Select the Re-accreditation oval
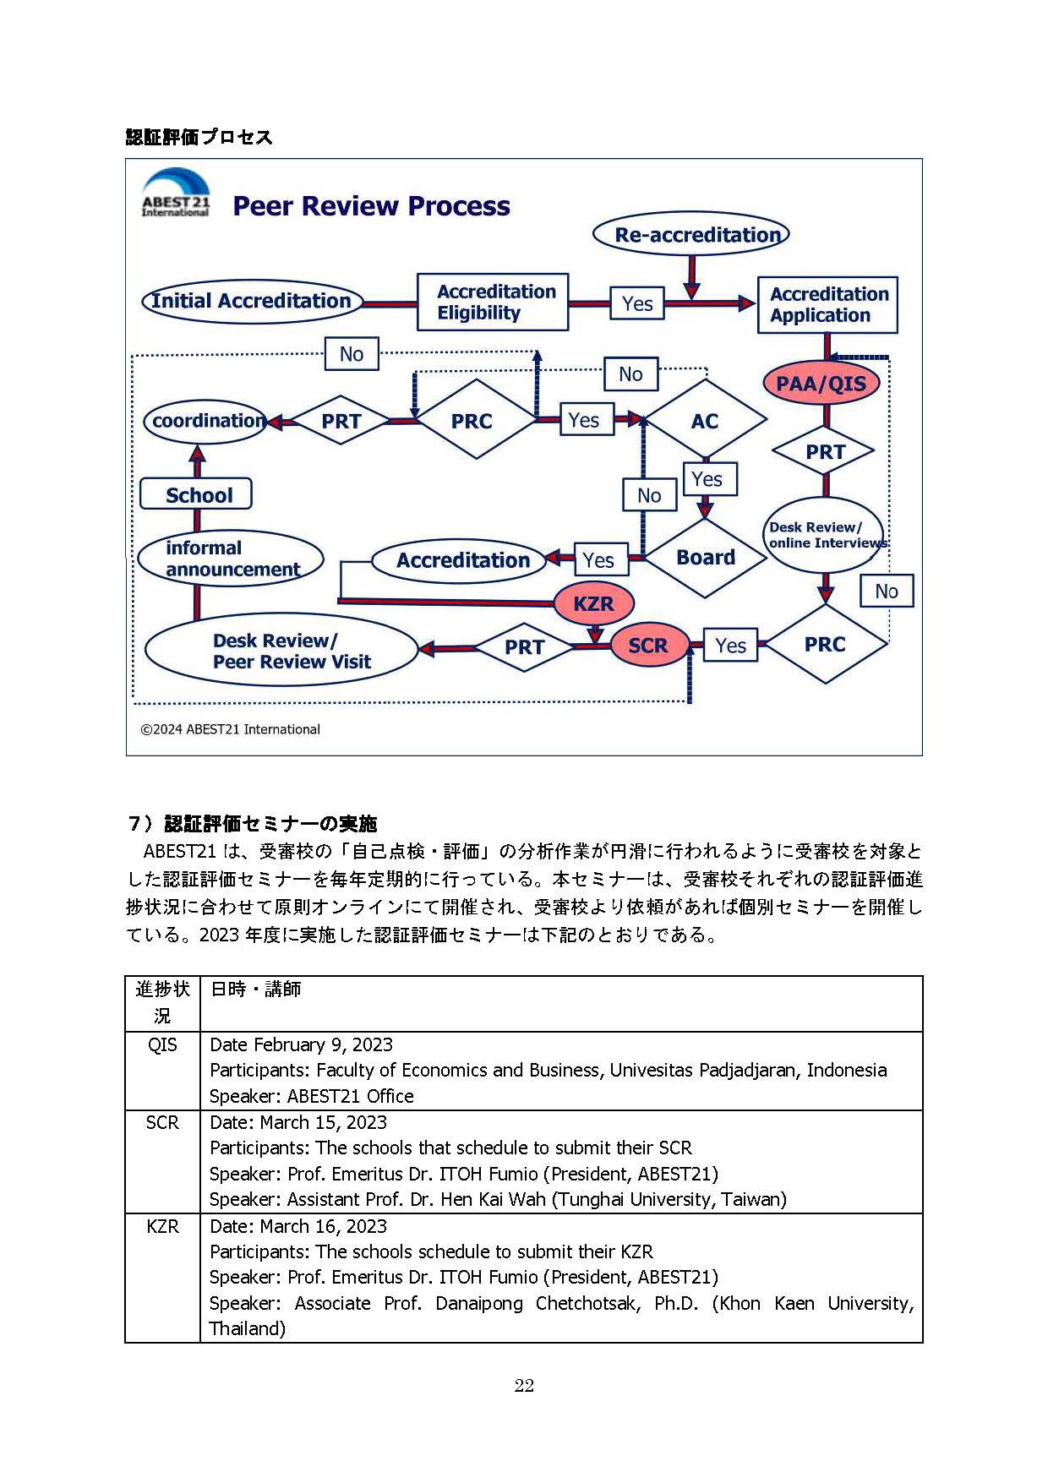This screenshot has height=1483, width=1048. pos(691,234)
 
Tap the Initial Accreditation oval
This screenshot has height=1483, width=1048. pos(251,301)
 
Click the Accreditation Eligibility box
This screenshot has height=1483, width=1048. pos(493,302)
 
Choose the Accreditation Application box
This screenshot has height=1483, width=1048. pos(827,304)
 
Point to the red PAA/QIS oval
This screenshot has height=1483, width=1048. pos(821,384)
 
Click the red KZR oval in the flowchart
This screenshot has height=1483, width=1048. pos(593,603)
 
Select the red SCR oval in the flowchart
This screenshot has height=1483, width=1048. pos(648,646)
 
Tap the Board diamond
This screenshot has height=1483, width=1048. pos(706,558)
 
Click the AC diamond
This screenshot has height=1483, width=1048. pos(705,421)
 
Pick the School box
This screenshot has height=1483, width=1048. pos(197,494)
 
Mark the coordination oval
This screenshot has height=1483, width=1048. pos(206,421)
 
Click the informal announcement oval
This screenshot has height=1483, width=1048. pos(231,559)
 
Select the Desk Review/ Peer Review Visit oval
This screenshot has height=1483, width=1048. pos(281,650)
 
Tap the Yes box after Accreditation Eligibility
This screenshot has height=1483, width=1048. pos(637,303)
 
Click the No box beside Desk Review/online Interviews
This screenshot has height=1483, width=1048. pos(886,592)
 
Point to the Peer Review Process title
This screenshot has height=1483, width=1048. pos(371,206)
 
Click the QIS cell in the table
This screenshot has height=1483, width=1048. pos(162,1045)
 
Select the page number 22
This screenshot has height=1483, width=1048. pos(524,1385)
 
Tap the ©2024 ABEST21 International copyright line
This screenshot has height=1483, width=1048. pos(230,729)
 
